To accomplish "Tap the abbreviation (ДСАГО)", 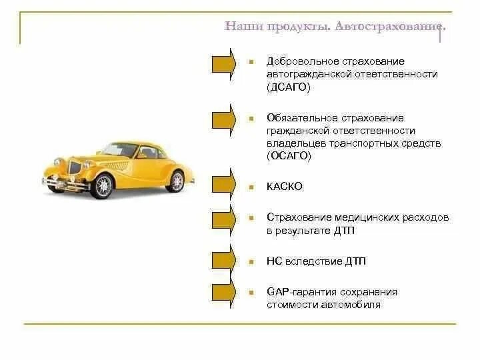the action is point(289,87).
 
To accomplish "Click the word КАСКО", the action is point(285,187).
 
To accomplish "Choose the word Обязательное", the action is point(299,118).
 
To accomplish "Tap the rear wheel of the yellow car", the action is point(175,181).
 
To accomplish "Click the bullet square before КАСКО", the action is point(251,187).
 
